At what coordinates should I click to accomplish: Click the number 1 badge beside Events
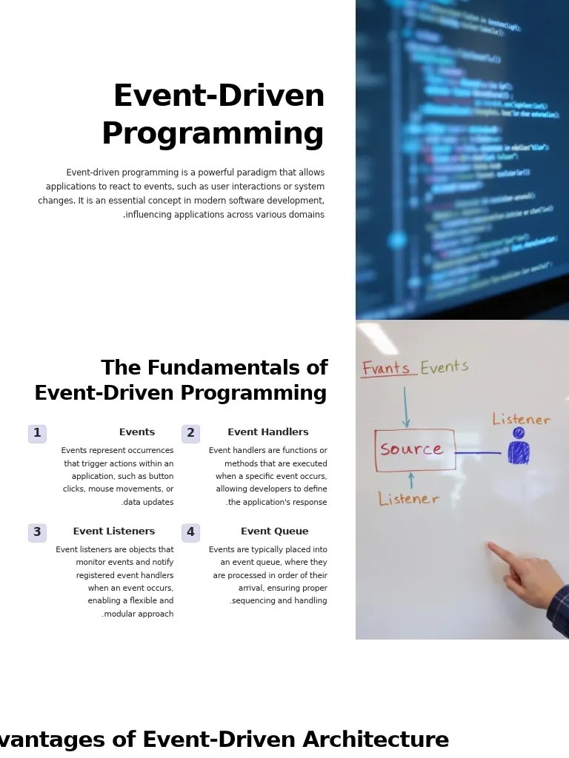[37, 433]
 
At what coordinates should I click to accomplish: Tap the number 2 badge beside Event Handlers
[190, 433]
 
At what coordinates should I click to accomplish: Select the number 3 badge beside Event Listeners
[37, 532]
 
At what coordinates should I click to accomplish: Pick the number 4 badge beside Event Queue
[190, 532]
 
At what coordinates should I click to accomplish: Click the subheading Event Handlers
[267, 432]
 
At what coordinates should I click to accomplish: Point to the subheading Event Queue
[274, 531]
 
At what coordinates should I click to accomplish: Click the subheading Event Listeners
[113, 531]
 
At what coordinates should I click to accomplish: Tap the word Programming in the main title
[213, 134]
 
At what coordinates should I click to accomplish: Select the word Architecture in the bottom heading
[376, 739]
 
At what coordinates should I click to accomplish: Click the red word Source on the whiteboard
[411, 449]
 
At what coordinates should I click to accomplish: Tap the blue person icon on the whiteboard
[519, 447]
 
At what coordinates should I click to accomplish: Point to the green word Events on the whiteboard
[445, 367]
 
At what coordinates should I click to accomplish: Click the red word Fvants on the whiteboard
[385, 369]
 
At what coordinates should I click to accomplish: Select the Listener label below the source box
[408, 500]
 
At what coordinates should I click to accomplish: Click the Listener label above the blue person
[521, 420]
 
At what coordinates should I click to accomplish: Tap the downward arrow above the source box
[405, 407]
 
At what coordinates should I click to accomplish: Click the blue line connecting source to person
[478, 452]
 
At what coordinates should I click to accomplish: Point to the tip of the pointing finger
[490, 547]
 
